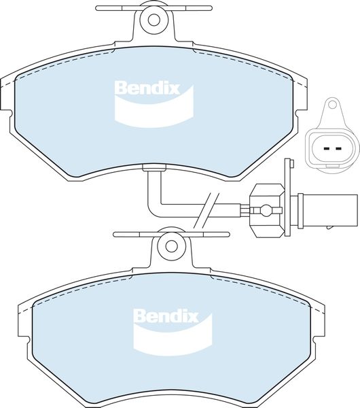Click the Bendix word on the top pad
tap(147, 88)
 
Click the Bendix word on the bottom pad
tap(166, 316)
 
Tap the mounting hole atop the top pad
tap(154, 20)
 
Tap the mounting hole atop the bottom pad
tap(171, 246)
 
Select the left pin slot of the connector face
tap(327, 149)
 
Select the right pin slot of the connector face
tap(338, 149)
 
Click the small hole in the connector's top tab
tap(331, 105)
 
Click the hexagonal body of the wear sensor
tap(266, 211)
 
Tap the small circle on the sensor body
tap(266, 210)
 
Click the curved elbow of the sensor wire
tap(155, 210)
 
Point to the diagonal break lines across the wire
tap(206, 211)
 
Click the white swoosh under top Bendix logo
tap(154, 109)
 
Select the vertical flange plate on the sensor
tap(287, 197)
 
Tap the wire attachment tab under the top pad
tap(154, 168)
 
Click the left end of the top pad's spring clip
tap(98, 8)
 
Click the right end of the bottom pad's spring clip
tap(227, 235)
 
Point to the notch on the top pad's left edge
tap(10, 114)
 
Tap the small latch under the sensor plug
tap(330, 227)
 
